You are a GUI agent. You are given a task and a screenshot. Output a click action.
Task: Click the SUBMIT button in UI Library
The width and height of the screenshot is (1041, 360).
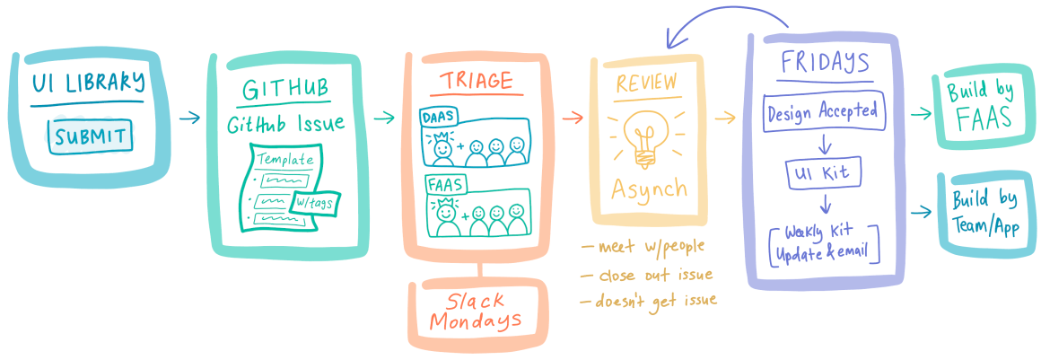pos(89,138)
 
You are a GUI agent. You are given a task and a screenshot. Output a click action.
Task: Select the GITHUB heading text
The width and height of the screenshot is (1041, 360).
pos(284,89)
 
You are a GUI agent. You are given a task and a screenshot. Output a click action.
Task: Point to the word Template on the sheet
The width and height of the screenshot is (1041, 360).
pos(285,160)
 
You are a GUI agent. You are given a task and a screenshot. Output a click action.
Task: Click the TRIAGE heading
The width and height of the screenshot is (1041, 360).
pos(477,81)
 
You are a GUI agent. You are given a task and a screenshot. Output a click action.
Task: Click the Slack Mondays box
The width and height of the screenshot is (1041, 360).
pos(477,311)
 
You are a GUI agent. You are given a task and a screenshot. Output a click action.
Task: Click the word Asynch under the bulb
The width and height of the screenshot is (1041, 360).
pos(650,189)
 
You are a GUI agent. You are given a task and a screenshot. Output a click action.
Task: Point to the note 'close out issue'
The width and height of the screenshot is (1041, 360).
pos(647,274)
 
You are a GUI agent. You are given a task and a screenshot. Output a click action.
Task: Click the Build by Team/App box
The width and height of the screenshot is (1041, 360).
pos(984,212)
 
